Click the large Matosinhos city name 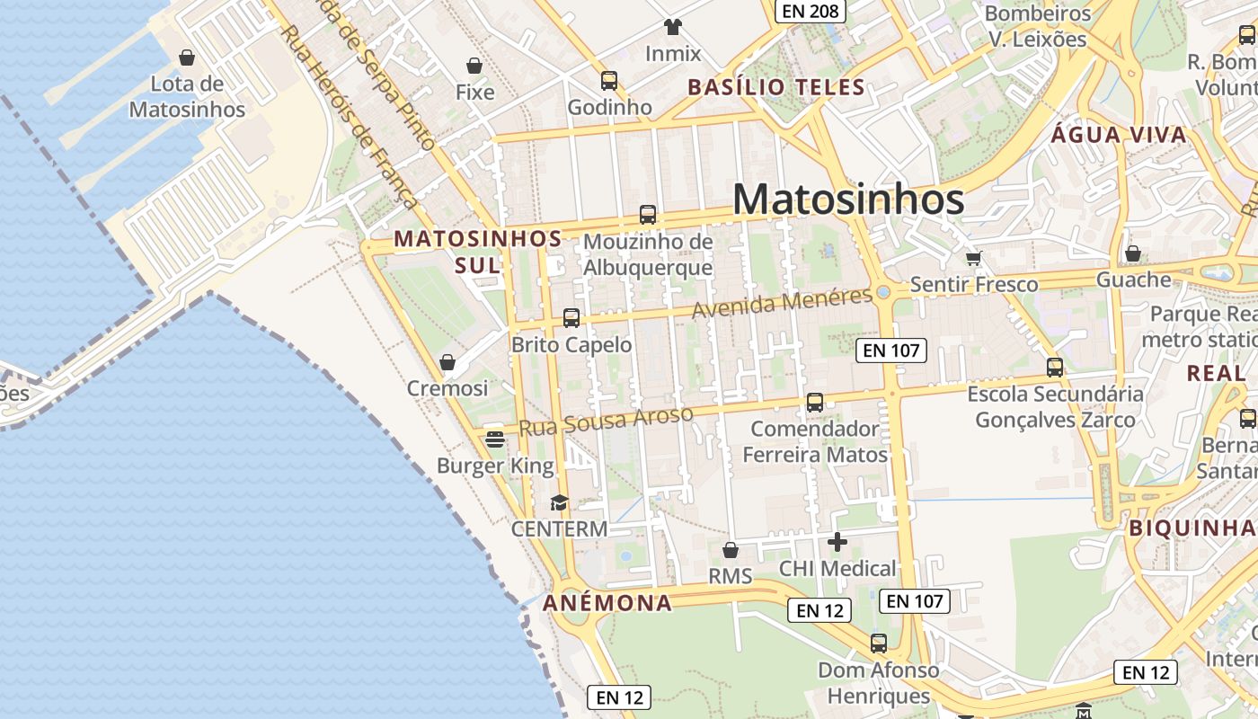[x=848, y=200]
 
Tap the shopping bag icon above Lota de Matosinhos [x=187, y=58]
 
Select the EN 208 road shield [x=810, y=11]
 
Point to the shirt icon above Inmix [x=672, y=26]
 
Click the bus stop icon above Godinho [x=609, y=81]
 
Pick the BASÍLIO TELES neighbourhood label [x=776, y=87]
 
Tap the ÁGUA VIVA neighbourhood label [x=1119, y=136]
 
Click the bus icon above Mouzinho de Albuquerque [x=648, y=215]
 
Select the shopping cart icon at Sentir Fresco [x=973, y=259]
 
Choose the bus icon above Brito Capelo [x=571, y=317]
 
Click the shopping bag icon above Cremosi [x=447, y=362]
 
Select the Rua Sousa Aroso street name [x=606, y=420]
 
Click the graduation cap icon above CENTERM [x=560, y=502]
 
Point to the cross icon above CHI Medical [x=837, y=542]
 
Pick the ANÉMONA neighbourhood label [x=607, y=603]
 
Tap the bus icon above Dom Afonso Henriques [x=879, y=644]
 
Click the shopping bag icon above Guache [x=1133, y=253]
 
